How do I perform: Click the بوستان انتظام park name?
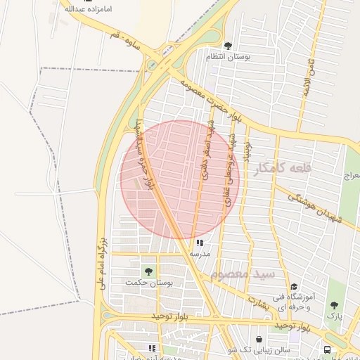(x=228, y=56)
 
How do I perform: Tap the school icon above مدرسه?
(x=190, y=243)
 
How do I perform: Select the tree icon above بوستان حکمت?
(x=148, y=271)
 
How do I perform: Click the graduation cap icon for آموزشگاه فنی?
(x=294, y=287)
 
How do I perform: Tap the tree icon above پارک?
(x=333, y=306)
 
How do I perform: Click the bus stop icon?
(x=327, y=349)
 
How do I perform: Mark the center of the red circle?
(x=180, y=179)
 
